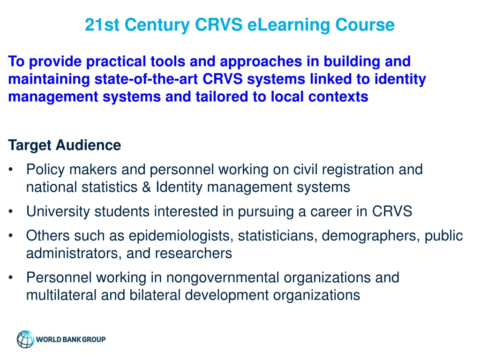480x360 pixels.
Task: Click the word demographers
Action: click(x=370, y=236)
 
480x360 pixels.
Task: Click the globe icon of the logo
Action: click(x=25, y=339)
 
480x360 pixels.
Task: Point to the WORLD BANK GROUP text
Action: click(x=71, y=339)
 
